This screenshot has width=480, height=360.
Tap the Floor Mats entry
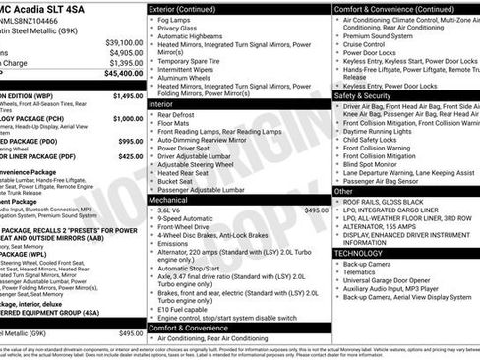178,125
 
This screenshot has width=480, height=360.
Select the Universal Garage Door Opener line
394,284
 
